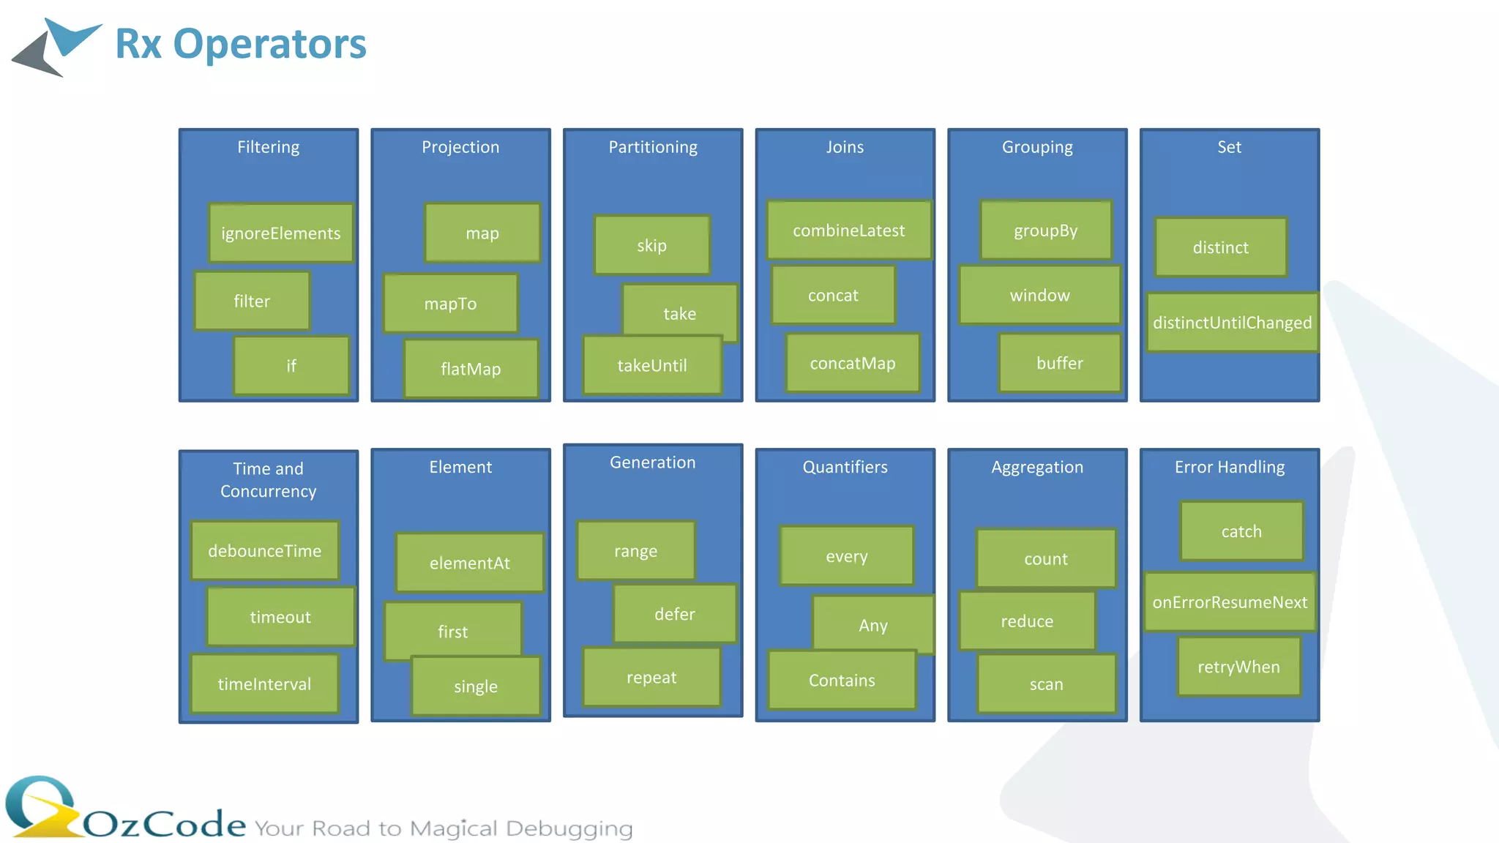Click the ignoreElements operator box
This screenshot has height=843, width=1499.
[x=280, y=233]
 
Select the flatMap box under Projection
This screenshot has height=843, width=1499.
[x=471, y=369]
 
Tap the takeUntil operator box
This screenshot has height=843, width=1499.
[x=651, y=365]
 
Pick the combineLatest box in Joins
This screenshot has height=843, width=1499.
[x=848, y=231]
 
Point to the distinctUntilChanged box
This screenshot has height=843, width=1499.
[x=1232, y=323]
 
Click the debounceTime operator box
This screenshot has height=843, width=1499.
[x=264, y=551]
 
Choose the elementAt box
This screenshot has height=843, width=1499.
[x=469, y=563]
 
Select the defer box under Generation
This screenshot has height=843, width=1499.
[x=674, y=614]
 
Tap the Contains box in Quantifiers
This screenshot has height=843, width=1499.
[x=842, y=681]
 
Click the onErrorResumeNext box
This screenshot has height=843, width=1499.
[x=1230, y=602]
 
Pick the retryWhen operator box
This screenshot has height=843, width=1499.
[x=1238, y=667]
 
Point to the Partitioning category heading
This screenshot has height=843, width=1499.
[x=653, y=147]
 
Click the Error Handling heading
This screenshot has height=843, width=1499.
[x=1230, y=467]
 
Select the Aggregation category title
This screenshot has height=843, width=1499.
[x=1037, y=467]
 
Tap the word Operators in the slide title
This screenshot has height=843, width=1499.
[x=269, y=44]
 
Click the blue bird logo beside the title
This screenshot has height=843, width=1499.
[x=59, y=45]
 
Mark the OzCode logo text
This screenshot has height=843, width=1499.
[x=165, y=824]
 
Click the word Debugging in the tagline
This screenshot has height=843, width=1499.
[x=569, y=828]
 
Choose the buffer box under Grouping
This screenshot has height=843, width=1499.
[x=1059, y=363]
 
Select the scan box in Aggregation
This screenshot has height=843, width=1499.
[x=1046, y=684]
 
